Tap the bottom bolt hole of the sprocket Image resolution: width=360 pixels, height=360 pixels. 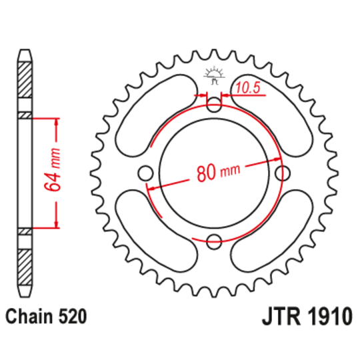coord(214,241)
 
